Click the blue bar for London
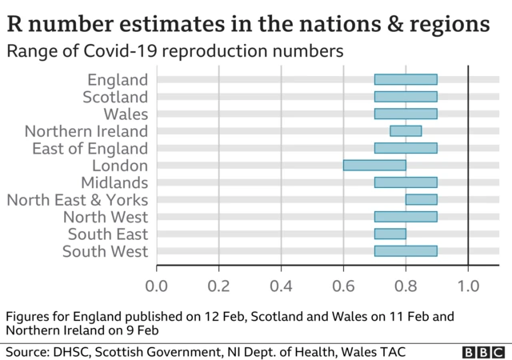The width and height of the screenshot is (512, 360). tap(374, 166)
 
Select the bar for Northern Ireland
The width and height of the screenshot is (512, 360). tap(406, 131)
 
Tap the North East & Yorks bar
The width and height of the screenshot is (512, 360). tap(421, 200)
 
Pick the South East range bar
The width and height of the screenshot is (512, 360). tap(390, 234)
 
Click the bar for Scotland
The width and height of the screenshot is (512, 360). tap(406, 97)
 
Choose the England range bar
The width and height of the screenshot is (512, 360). tap(406, 79)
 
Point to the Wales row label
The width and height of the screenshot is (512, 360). tap(126, 114)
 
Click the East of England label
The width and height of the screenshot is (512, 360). tap(90, 149)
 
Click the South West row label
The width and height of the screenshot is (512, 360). tap(105, 252)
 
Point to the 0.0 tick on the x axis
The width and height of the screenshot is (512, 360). tap(156, 285)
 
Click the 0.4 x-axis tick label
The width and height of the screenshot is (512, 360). tap(281, 285)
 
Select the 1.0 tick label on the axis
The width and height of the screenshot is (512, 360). tap(468, 285)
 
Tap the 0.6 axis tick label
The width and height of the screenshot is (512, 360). tap(343, 285)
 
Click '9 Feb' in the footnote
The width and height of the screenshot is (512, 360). tap(142, 330)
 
